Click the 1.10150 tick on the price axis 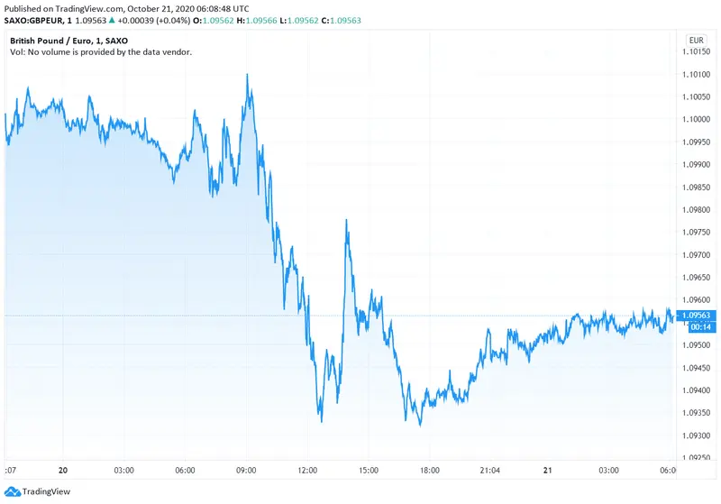point(697,52)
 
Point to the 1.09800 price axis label point(697,209)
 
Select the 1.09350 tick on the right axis point(697,413)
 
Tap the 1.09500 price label point(697,345)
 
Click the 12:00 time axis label point(309,470)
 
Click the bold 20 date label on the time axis point(62,470)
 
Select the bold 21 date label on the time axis point(547,470)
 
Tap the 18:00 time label point(429,470)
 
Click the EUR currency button point(696,41)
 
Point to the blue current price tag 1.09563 point(697,316)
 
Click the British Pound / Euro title point(55,41)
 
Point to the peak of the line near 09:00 point(247,75)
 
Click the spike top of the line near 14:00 point(346,219)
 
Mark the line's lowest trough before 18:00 point(420,425)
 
